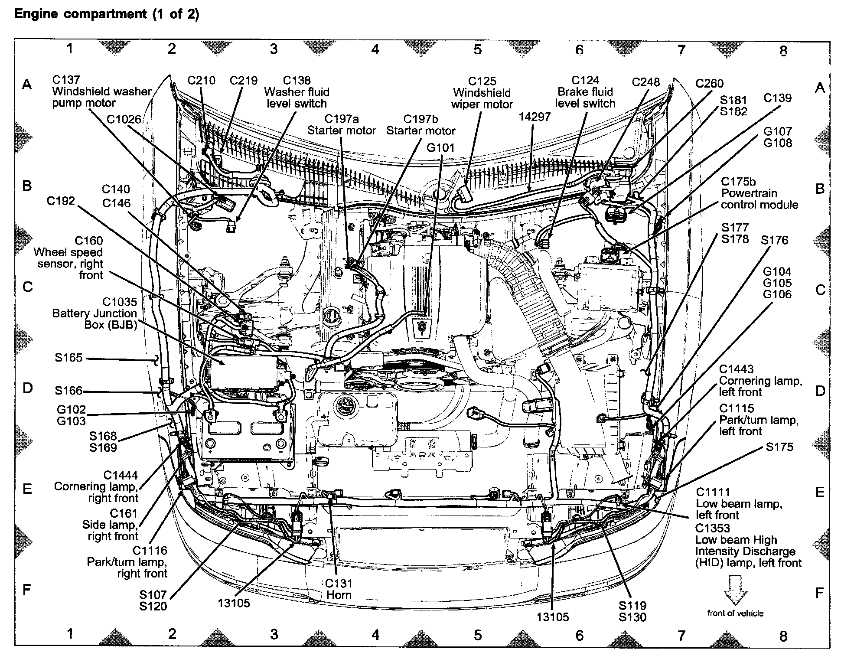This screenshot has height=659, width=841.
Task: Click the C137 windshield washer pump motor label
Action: point(101,91)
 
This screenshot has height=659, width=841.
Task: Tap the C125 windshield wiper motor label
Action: point(482,93)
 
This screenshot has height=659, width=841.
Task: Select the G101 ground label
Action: point(440,148)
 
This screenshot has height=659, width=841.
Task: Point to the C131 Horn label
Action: point(339,589)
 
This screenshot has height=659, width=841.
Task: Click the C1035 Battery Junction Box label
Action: point(95,313)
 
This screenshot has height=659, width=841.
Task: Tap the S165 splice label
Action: point(68,358)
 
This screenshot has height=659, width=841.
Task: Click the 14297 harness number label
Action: point(535,117)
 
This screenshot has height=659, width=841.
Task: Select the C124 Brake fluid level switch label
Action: point(585,92)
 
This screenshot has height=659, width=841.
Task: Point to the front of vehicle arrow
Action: point(736,590)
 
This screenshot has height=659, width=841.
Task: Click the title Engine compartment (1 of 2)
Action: point(107,14)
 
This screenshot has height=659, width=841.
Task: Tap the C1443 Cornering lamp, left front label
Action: point(760,381)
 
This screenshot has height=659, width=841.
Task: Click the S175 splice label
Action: point(779,447)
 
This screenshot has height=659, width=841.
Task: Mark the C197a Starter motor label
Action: point(342,125)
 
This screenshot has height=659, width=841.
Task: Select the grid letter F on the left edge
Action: point(27,590)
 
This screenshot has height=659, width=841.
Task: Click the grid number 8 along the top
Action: point(783,51)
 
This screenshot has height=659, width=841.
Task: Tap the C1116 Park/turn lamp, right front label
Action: point(127,562)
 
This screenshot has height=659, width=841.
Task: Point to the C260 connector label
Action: point(709,83)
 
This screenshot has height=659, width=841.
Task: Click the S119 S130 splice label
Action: point(632,611)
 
